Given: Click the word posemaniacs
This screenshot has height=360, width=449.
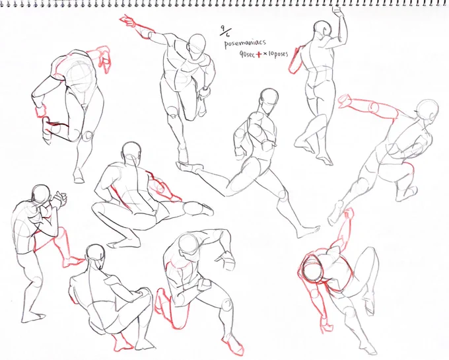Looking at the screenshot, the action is [245, 44].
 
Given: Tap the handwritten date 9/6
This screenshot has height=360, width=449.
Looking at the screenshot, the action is [224, 32].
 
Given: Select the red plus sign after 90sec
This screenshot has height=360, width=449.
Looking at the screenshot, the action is [259, 54].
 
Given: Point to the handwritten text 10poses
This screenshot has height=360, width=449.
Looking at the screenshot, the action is [278, 54].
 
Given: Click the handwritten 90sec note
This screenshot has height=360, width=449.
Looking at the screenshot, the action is [247, 54].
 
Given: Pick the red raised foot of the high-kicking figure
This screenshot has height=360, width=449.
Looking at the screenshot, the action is [345, 101].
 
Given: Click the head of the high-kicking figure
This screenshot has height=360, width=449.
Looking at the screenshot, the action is [427, 110].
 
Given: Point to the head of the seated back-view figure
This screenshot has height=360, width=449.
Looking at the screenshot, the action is [131, 153].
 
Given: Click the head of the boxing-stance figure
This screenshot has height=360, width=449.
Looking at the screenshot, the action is [42, 194].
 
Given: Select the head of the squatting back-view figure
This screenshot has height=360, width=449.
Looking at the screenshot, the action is [96, 254].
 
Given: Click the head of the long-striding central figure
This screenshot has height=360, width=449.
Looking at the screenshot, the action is [269, 99].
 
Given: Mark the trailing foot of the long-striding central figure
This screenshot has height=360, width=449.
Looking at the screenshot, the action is [189, 166].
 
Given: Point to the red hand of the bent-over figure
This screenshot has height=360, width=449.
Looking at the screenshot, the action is [104, 59].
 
